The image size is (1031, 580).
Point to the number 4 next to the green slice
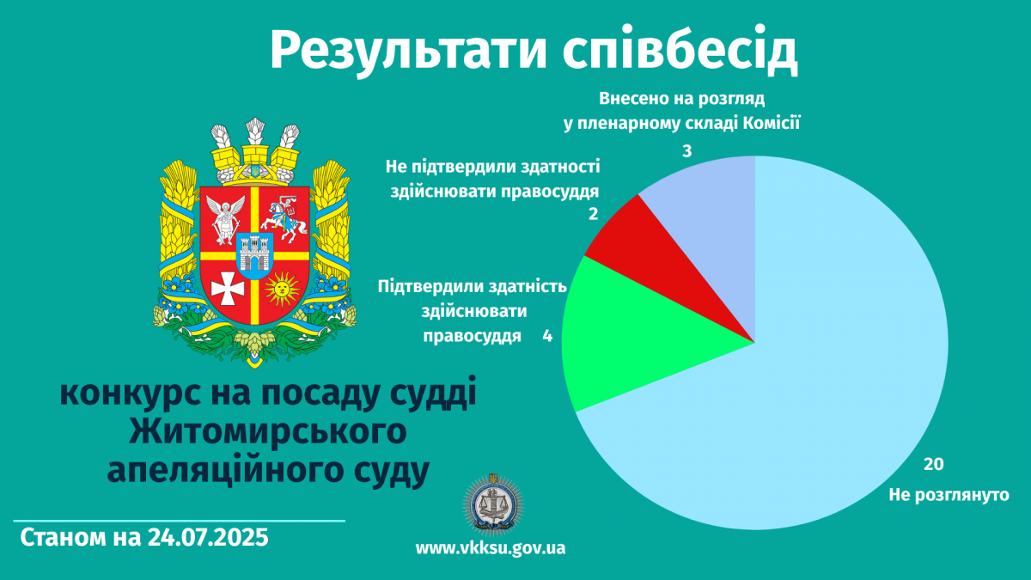coord(547,336)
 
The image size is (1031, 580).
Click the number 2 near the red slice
coord(594,214)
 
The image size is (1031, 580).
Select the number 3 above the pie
coord(686,151)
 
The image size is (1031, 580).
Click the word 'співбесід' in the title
coord(680,50)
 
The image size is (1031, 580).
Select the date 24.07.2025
coord(208,537)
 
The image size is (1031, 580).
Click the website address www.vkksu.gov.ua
coord(491,548)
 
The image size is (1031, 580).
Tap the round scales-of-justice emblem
coord(493,505)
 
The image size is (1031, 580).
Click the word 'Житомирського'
coord(267,433)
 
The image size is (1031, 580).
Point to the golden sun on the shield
coord(282,289)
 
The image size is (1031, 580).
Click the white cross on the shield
coord(228,289)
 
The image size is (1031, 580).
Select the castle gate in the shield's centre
coord(254,255)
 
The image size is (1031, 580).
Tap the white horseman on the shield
coord(284,218)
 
